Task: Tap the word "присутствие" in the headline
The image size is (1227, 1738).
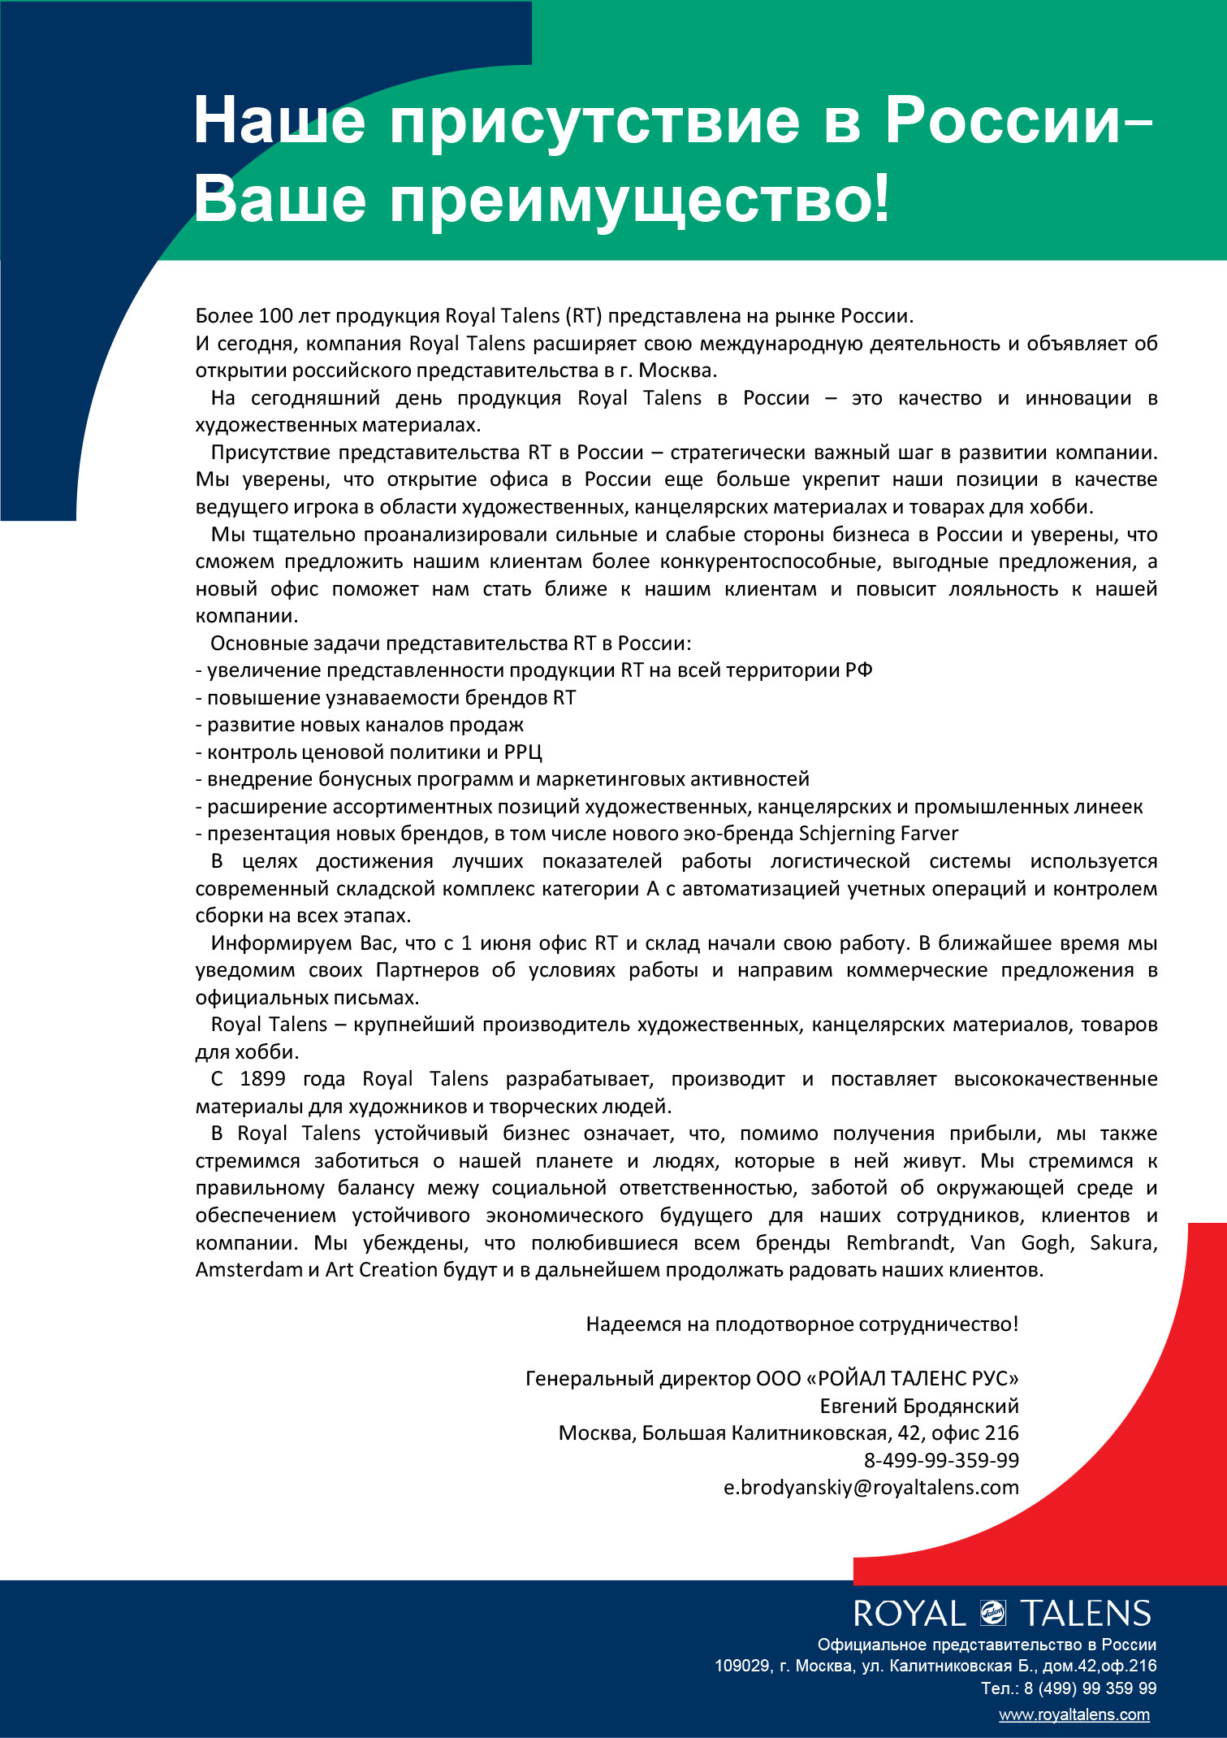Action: [594, 119]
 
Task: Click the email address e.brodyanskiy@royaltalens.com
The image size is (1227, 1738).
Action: [871, 1487]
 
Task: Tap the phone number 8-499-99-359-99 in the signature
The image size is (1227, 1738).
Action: [940, 1459]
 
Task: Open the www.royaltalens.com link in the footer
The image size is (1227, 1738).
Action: [1074, 1714]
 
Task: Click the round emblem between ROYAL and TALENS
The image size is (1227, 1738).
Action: [992, 1613]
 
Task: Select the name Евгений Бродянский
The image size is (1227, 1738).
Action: [918, 1406]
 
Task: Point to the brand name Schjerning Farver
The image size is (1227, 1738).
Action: [879, 834]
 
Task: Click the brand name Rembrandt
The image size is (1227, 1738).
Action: [897, 1242]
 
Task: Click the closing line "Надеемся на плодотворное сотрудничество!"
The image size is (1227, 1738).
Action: [801, 1324]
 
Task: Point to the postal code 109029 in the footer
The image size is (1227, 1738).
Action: [741, 1666]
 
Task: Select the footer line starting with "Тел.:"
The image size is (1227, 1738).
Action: [1069, 1688]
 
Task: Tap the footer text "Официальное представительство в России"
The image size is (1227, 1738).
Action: [987, 1644]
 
